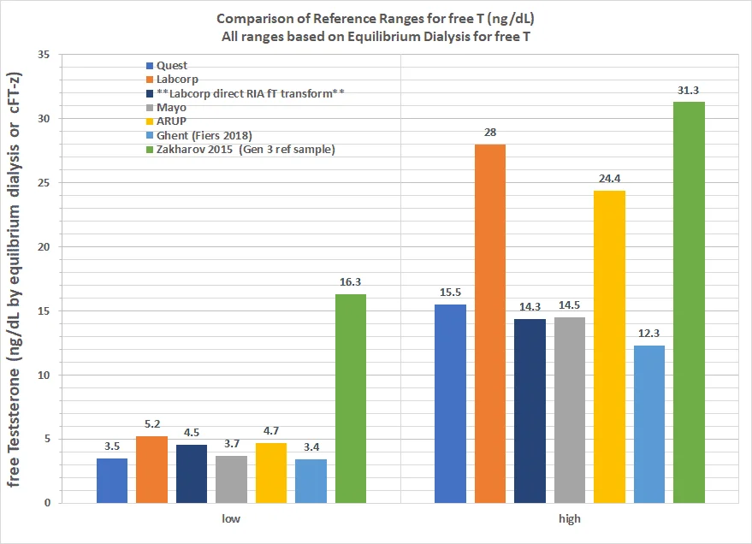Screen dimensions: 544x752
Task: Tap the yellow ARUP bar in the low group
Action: tap(271, 472)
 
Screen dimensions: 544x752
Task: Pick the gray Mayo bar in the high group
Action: tap(570, 410)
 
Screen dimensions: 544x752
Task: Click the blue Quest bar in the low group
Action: tap(112, 480)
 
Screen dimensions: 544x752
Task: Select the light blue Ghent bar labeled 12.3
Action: tap(648, 423)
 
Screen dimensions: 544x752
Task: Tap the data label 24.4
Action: tap(609, 180)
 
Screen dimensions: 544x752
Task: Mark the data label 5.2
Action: tap(151, 425)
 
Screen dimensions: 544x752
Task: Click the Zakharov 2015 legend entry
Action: tap(240, 150)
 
